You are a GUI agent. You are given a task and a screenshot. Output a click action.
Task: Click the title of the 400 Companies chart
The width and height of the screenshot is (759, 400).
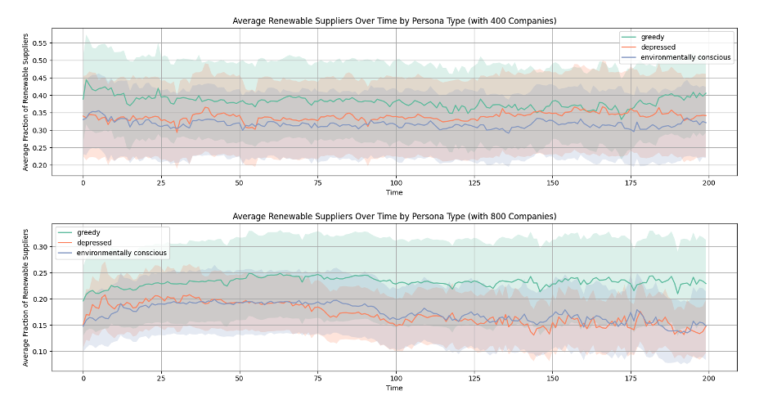(394, 20)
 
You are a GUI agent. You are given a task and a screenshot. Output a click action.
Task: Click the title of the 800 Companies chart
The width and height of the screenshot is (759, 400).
(394, 216)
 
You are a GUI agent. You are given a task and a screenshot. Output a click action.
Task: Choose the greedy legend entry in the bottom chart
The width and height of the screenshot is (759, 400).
(91, 232)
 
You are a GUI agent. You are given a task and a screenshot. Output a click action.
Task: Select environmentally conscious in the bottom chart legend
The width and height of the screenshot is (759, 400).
(122, 253)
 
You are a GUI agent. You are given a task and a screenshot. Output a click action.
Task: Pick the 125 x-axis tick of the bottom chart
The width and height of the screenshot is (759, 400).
(474, 380)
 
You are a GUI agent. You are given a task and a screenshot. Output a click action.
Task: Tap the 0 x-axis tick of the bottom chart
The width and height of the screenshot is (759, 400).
(83, 380)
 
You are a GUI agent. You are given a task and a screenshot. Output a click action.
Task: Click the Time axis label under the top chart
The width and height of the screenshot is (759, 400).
(394, 193)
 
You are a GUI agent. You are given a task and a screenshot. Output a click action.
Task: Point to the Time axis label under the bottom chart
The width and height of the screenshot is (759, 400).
(394, 389)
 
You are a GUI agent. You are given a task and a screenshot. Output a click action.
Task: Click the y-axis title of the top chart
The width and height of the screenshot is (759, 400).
(26, 102)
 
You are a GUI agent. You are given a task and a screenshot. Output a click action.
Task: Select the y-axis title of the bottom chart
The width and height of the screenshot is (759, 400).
(26, 298)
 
